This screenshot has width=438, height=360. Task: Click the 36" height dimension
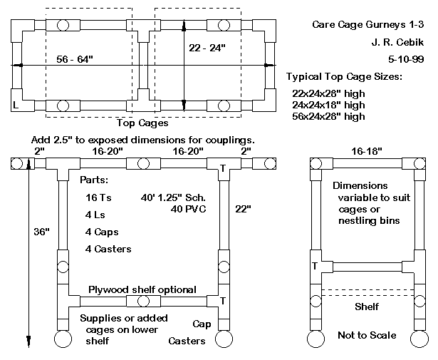tap(42, 232)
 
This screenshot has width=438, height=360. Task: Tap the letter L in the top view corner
tap(16, 104)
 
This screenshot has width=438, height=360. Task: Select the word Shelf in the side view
tap(366, 307)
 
